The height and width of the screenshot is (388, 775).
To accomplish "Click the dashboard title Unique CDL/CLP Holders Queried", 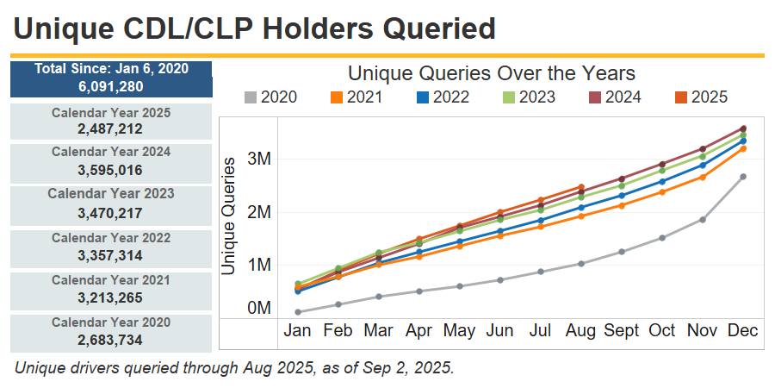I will [x=255, y=29].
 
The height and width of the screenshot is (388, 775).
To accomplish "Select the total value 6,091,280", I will [x=110, y=86].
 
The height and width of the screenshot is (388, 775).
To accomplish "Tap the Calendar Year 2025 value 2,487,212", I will [x=110, y=129].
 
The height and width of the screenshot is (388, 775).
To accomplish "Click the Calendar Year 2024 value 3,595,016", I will [x=110, y=170].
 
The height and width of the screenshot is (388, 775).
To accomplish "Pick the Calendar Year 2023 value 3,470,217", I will [x=110, y=213].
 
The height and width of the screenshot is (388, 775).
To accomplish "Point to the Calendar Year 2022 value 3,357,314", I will [x=110, y=255].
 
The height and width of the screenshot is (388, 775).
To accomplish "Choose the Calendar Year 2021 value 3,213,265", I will [x=110, y=297].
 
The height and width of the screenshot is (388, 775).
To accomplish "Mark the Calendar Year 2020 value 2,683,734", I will [x=110, y=340].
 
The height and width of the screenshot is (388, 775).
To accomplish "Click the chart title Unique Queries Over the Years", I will [x=492, y=73].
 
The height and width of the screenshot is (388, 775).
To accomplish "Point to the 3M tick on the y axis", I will [x=259, y=160].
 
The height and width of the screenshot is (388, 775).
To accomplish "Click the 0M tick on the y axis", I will [x=259, y=308].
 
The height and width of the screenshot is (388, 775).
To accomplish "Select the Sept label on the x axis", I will [x=622, y=331].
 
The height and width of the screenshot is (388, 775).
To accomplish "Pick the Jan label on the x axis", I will [x=298, y=331].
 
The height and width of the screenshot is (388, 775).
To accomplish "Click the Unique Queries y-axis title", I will [x=229, y=216].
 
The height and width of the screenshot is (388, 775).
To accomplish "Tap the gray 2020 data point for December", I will [x=742, y=177].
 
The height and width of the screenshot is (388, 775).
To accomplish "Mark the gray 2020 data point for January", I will [x=298, y=312].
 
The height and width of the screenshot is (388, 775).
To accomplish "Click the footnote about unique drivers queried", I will [x=234, y=367].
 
